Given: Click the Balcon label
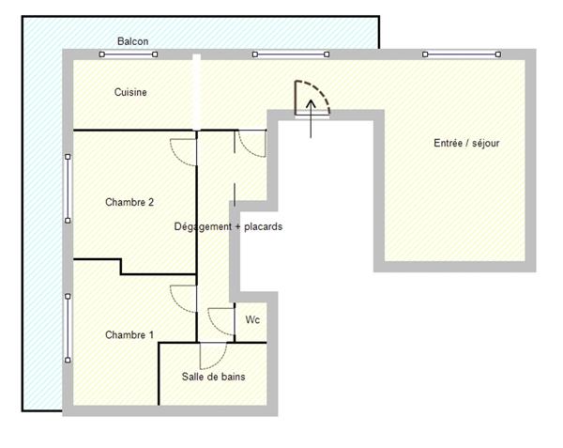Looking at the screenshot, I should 132,41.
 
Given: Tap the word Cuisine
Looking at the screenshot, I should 130,92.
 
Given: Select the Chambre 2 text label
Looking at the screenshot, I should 129,202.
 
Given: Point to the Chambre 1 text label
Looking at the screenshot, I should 129,335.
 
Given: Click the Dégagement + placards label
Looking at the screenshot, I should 229,226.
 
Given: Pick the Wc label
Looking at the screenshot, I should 252,320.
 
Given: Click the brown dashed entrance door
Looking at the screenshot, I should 312,98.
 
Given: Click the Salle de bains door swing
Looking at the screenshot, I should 213,355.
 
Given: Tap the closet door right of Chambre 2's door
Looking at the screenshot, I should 251,144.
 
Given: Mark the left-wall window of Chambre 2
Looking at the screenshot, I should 68,189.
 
